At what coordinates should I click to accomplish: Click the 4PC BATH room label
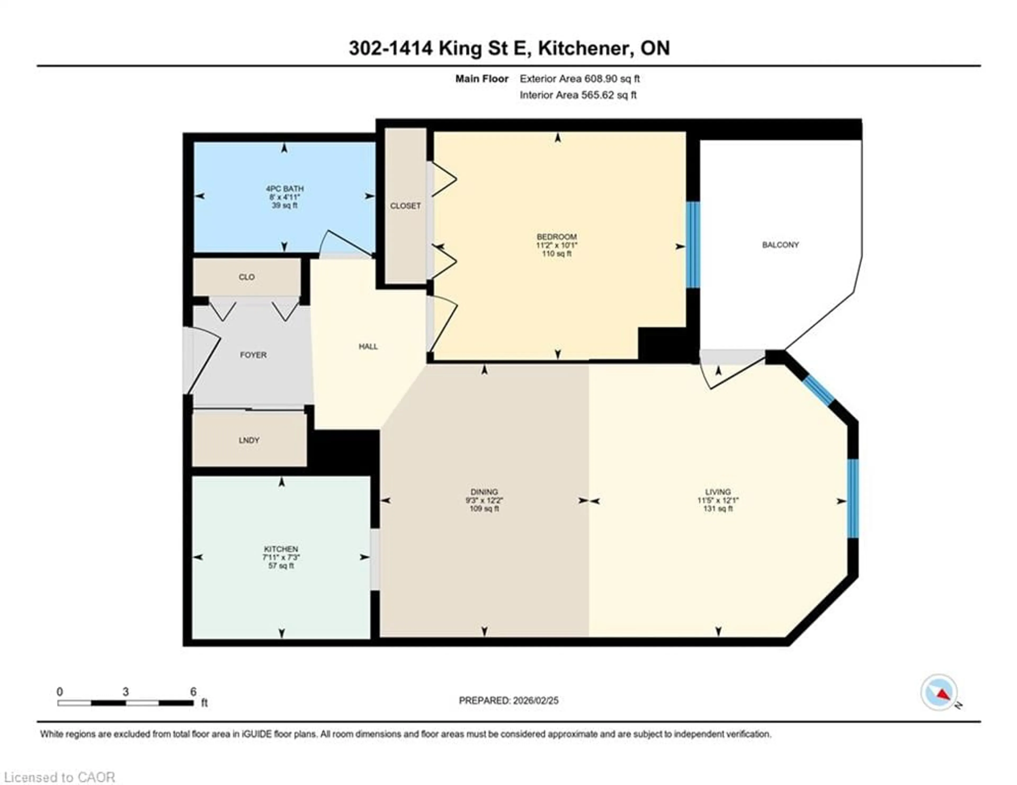pyautogui.click(x=284, y=189)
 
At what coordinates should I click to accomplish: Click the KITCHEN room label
pyautogui.click(x=281, y=549)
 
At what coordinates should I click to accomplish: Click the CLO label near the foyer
pyautogui.click(x=247, y=277)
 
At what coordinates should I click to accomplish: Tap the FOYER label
pyautogui.click(x=253, y=355)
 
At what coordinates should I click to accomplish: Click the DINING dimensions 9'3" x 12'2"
pyautogui.click(x=484, y=501)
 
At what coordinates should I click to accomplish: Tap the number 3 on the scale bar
pyautogui.click(x=126, y=692)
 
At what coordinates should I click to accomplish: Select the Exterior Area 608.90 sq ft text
pyautogui.click(x=580, y=79)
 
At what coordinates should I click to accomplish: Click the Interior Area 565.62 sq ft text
pyautogui.click(x=578, y=95)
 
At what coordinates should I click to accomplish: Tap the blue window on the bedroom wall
pyautogui.click(x=693, y=244)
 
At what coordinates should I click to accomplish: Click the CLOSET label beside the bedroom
pyautogui.click(x=405, y=206)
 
